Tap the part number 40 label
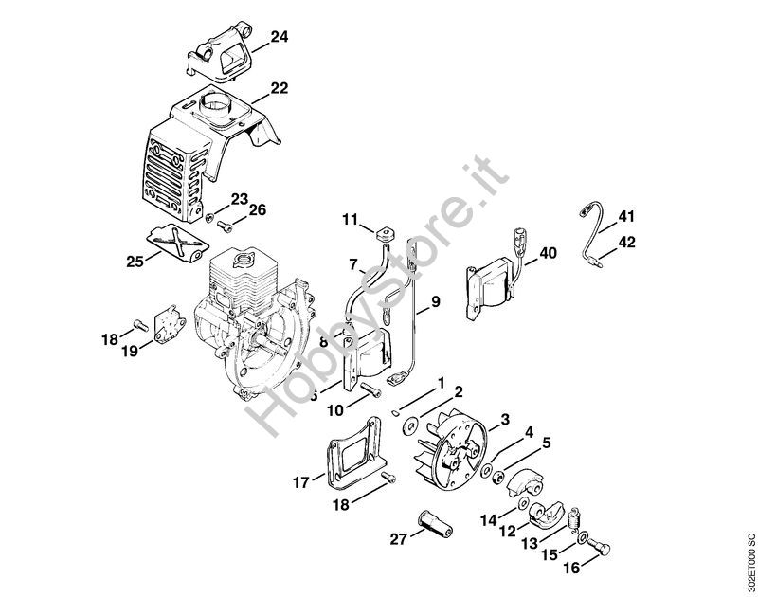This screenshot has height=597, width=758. tap(549, 253)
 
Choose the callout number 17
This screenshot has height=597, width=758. tap(300, 482)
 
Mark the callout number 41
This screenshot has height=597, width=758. tap(625, 217)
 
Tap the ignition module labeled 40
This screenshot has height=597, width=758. tap(492, 280)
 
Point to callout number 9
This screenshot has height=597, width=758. tap(435, 302)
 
